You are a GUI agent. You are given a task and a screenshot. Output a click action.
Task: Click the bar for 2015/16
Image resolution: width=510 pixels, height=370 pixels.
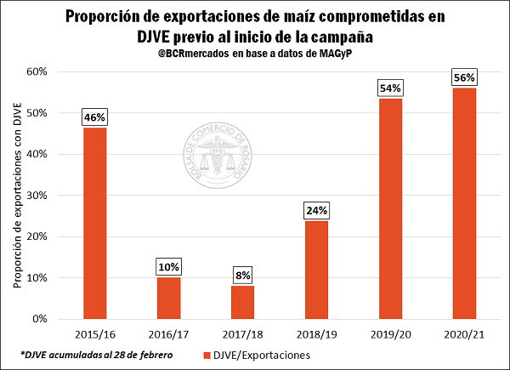pos(94,223)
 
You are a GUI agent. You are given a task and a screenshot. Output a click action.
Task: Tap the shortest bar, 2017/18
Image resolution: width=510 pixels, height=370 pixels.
pos(242,302)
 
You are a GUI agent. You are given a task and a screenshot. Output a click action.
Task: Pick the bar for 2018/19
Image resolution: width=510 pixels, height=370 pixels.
pos(316,270)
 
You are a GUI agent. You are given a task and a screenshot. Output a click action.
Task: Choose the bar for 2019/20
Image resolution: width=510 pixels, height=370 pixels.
pos(390,208)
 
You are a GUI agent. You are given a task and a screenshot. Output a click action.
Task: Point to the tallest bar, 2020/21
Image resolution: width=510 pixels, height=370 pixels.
pos(464,203)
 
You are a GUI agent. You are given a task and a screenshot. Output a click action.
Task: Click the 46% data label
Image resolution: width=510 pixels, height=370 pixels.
pos(94,117)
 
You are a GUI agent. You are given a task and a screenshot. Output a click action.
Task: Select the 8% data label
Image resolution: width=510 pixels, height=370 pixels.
pos(242,276)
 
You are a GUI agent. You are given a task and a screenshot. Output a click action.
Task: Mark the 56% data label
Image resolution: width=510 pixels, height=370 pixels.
pos(464,77)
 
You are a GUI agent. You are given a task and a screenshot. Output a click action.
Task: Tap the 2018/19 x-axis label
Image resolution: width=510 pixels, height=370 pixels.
pos(316,333)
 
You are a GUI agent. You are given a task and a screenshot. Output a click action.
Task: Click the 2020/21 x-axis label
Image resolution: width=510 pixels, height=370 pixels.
pos(464,333)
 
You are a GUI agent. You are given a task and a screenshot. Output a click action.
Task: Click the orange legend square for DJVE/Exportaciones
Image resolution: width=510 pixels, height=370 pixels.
pos(208,354)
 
